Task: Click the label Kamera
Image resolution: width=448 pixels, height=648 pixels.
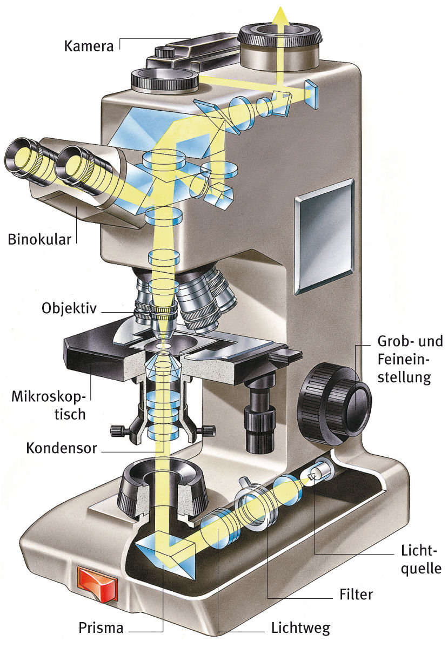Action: [89, 45]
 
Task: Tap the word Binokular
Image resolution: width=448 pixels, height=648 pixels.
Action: [39, 239]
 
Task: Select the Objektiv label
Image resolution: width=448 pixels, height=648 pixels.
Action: [69, 308]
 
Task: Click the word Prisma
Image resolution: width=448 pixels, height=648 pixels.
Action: [101, 628]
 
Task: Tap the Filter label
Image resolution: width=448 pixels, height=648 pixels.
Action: [356, 595]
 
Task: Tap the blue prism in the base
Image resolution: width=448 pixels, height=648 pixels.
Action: [165, 556]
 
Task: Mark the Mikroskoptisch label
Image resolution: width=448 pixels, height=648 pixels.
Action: [49, 406]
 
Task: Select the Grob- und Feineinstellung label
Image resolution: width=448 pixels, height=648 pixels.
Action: [410, 359]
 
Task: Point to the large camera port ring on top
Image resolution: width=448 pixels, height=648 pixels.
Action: [279, 38]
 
